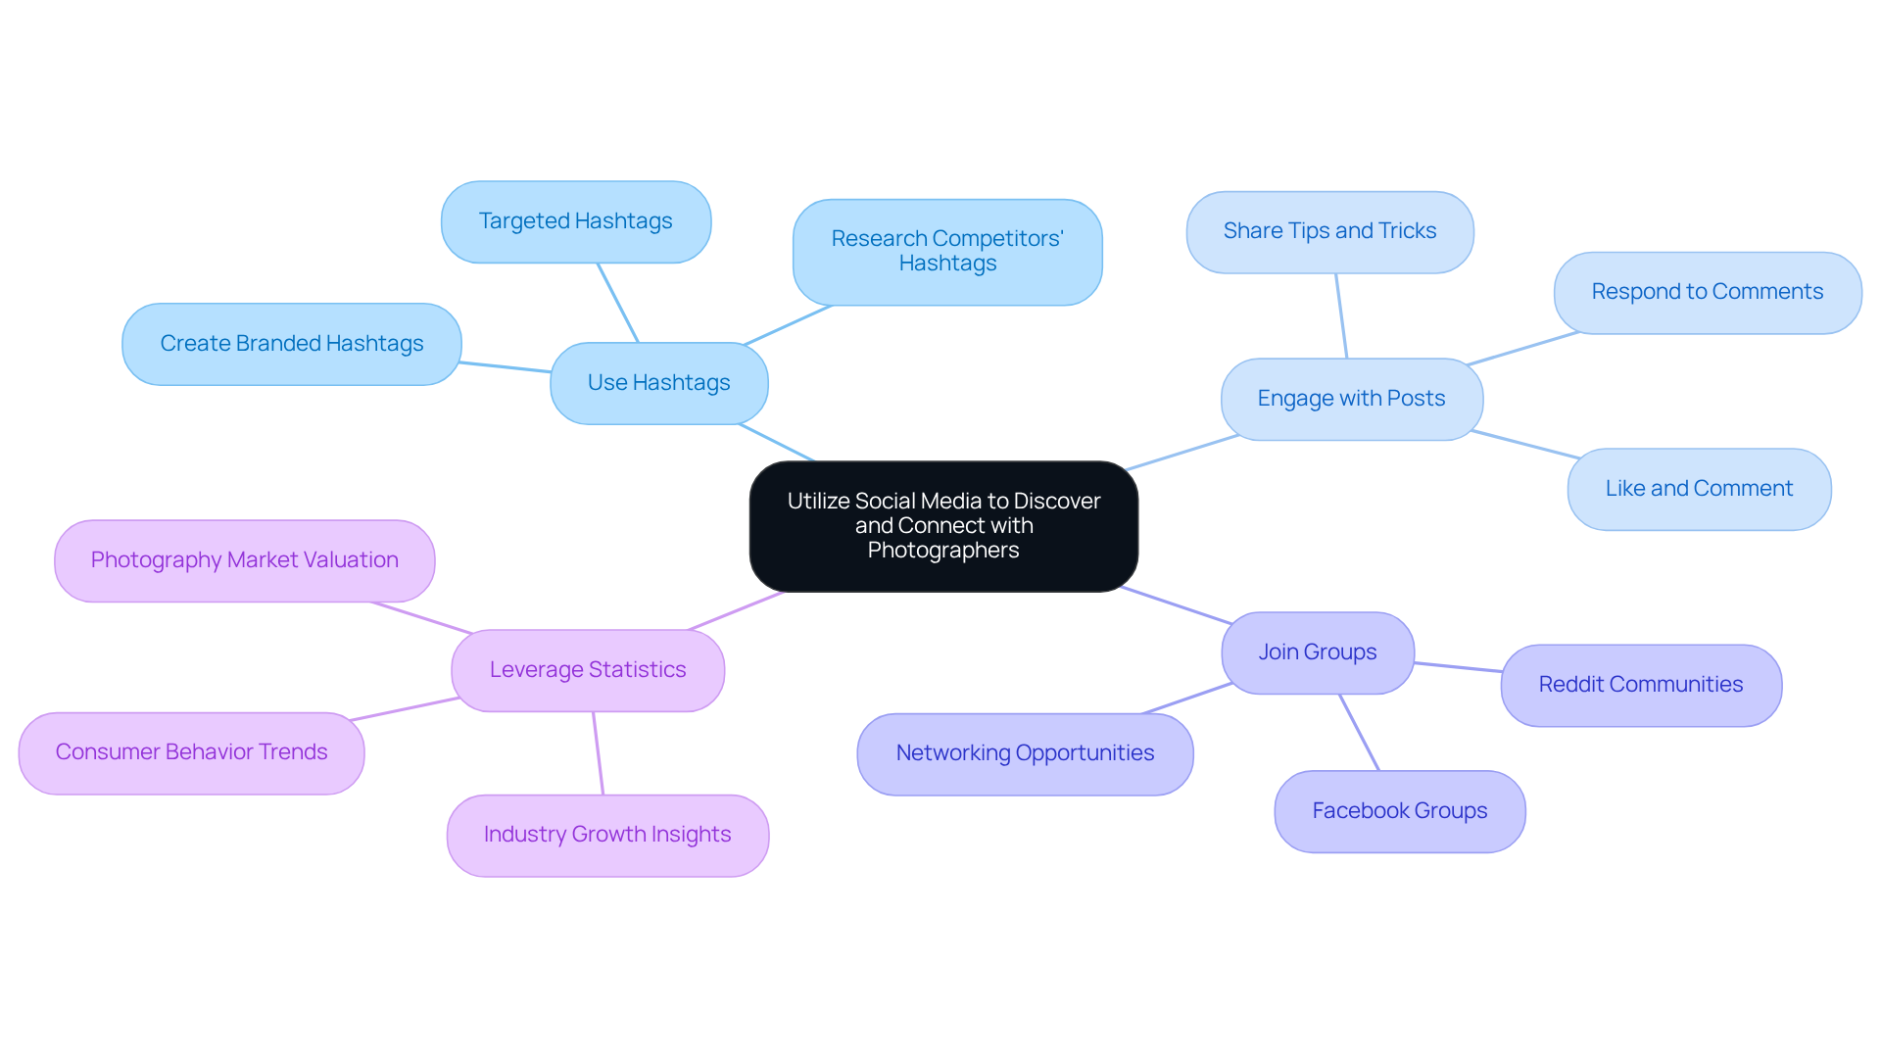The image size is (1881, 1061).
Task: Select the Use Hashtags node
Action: pos(658,383)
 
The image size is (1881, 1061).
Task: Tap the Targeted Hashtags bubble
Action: pos(575,221)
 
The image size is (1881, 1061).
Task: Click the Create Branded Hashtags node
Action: pos(291,344)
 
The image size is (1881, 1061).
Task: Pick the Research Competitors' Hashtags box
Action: pos(946,252)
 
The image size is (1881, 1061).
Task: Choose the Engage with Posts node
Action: pos(1351,399)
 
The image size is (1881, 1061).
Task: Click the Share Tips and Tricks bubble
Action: pos(1328,231)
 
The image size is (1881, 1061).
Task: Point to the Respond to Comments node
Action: pos(1707,292)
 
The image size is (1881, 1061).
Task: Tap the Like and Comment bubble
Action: pos(1698,489)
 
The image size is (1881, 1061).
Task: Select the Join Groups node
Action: pos(1317,652)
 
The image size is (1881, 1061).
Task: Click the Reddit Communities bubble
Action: pos(1640,685)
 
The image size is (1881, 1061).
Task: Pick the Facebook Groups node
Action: pos(1399,811)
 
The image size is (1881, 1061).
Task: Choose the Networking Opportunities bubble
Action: pos(1024,753)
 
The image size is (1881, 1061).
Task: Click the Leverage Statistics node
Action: pos(587,670)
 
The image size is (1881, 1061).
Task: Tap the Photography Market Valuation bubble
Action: pos(244,560)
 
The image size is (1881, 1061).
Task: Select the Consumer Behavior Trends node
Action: pos(191,752)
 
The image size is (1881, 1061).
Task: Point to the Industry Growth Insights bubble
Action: pos(606,835)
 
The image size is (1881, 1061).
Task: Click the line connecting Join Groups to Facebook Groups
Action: pos(1359,732)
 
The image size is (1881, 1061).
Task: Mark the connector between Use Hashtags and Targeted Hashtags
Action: pos(618,303)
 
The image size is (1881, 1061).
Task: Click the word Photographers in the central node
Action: pos(942,551)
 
